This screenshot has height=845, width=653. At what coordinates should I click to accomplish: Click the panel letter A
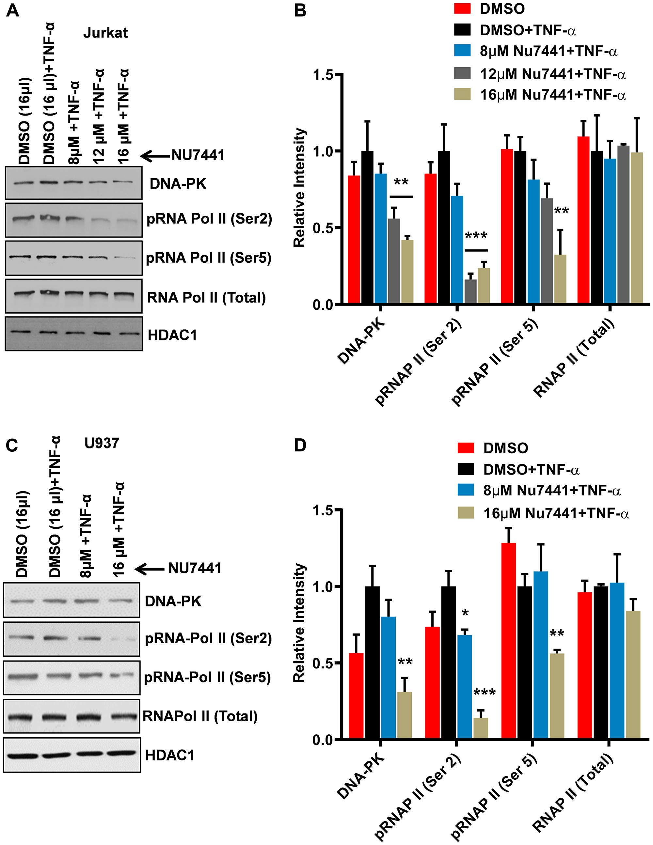[12, 10]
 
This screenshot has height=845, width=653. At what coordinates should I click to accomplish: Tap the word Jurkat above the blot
[105, 33]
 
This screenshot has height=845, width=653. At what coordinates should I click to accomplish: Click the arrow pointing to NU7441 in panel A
[155, 156]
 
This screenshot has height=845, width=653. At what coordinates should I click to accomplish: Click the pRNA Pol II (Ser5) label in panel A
[208, 258]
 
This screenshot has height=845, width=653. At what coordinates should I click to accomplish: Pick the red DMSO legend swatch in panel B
[462, 8]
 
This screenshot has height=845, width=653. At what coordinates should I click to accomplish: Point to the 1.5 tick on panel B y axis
[323, 75]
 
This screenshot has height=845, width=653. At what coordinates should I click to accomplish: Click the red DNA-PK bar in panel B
[354, 240]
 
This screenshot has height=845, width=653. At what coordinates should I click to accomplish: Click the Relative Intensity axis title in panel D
[299, 623]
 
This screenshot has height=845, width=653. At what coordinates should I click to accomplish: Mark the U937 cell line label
[102, 443]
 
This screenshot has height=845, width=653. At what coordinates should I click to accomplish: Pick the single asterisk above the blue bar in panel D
[465, 613]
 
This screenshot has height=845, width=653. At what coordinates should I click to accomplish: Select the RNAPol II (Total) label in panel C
[200, 716]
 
